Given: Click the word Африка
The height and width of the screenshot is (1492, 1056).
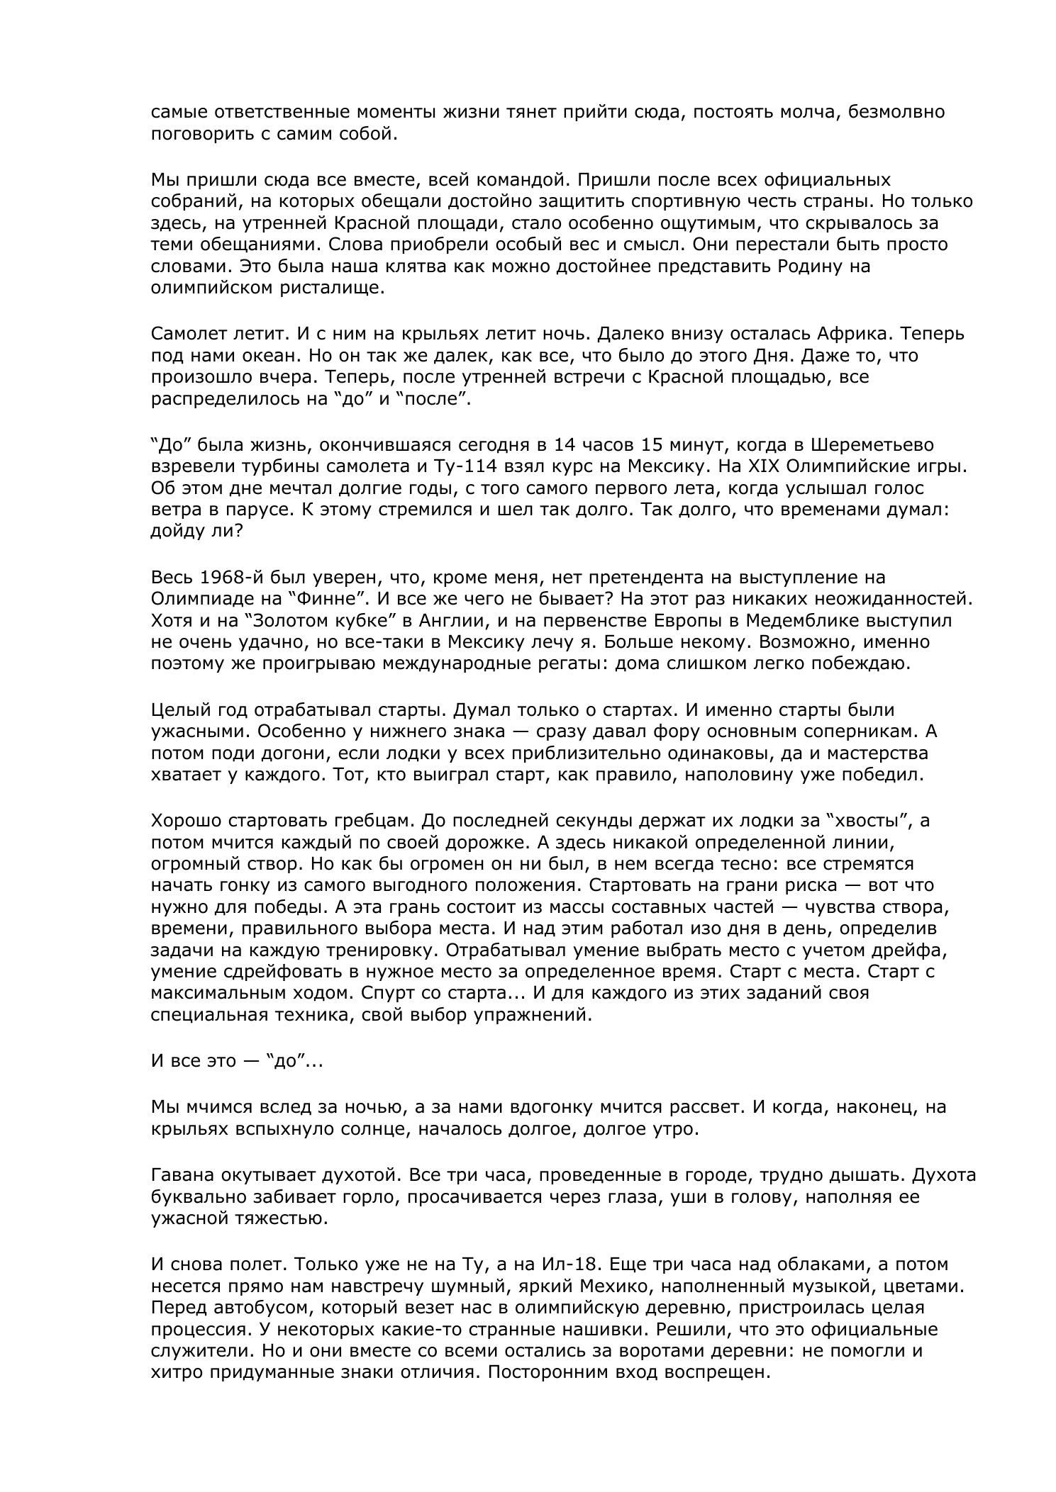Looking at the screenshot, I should pos(848,334).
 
